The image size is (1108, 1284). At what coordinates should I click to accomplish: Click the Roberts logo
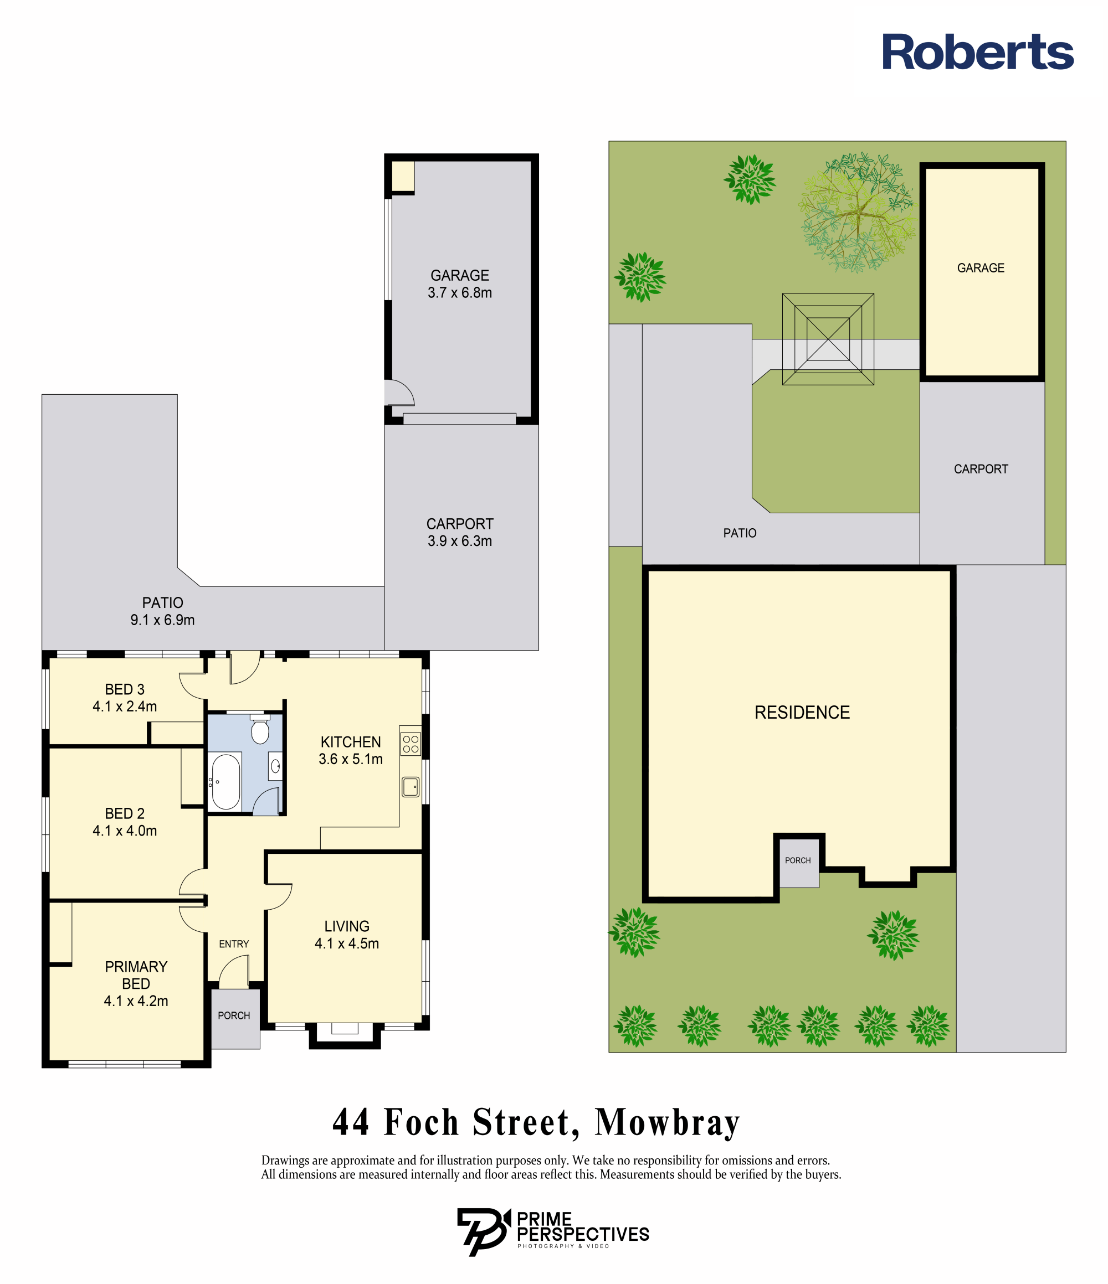(x=978, y=52)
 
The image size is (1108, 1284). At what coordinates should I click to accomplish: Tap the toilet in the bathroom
(x=260, y=730)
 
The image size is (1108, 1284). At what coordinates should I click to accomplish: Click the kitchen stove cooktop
(x=411, y=744)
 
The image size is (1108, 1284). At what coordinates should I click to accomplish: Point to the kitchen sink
(x=411, y=787)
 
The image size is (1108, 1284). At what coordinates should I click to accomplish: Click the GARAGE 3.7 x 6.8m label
(x=459, y=284)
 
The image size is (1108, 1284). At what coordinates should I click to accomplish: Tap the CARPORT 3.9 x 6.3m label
(x=459, y=532)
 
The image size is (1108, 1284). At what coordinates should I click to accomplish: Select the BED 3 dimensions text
(x=125, y=707)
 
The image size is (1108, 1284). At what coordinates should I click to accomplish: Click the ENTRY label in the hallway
(x=234, y=944)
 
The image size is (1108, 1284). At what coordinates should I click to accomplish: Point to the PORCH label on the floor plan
(x=234, y=1015)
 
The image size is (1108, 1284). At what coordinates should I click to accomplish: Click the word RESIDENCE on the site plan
(x=802, y=713)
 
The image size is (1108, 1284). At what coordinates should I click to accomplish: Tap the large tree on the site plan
(x=858, y=213)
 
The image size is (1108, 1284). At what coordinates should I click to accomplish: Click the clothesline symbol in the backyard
(x=828, y=339)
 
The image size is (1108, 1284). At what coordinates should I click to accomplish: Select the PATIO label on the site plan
(x=740, y=533)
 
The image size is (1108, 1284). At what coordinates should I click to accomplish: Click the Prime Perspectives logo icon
(x=484, y=1231)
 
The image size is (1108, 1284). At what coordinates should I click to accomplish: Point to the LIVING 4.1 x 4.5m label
(x=347, y=935)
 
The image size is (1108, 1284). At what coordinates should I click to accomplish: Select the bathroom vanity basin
(x=275, y=766)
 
